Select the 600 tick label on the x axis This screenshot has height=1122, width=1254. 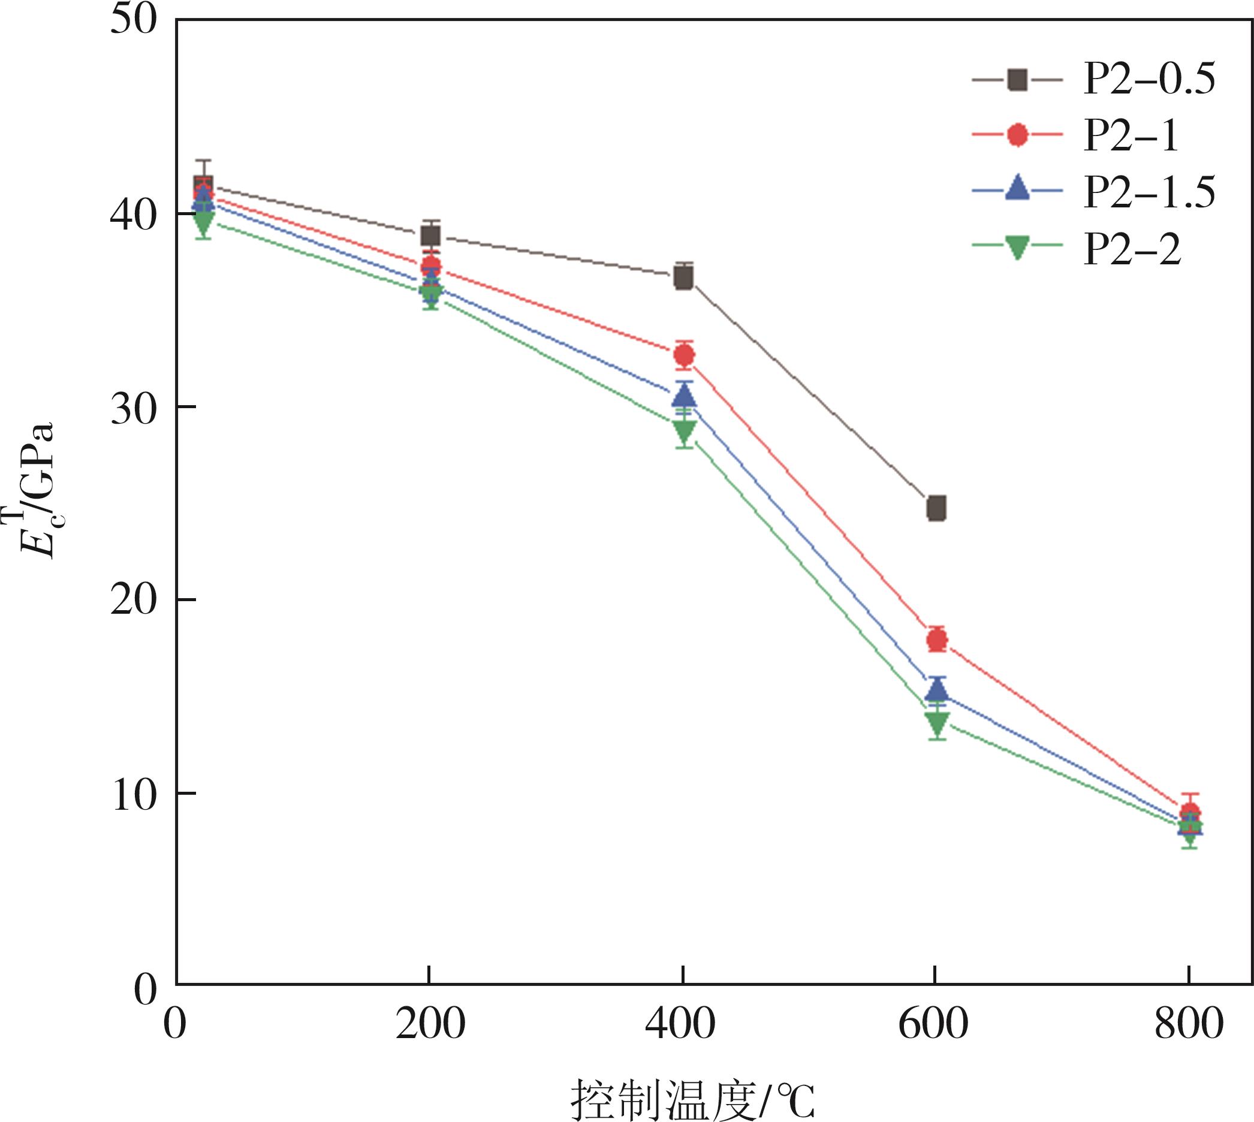(934, 1024)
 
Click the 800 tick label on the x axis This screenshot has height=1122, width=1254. (1188, 1024)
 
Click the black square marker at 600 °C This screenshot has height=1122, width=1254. (936, 508)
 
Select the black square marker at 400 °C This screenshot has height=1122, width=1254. (684, 279)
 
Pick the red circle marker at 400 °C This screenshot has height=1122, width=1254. (684, 355)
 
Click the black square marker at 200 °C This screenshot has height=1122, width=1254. (430, 236)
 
